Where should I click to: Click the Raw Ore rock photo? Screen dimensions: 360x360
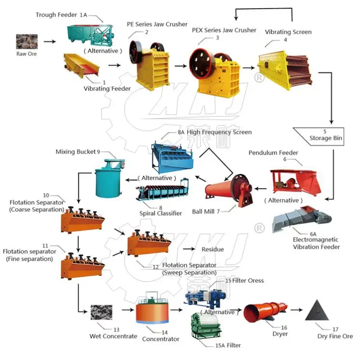tap(27, 42)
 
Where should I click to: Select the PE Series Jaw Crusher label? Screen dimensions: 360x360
tap(157, 24)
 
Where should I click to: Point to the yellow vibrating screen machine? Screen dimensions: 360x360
tap(285, 69)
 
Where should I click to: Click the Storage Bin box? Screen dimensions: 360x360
tap(318, 137)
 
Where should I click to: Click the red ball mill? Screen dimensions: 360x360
tap(229, 190)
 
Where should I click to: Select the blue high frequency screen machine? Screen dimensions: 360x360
tap(172, 158)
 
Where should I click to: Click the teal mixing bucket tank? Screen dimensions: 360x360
tap(110, 178)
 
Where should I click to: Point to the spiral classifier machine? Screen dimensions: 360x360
tap(162, 190)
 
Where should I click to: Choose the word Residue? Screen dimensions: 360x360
tap(213, 249)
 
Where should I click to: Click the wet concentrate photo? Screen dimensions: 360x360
tap(101, 312)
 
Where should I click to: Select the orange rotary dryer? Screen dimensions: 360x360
tap(265, 312)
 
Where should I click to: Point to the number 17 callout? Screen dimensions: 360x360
tap(335, 329)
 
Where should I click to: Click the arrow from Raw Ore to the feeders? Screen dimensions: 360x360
tap(50, 42)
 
